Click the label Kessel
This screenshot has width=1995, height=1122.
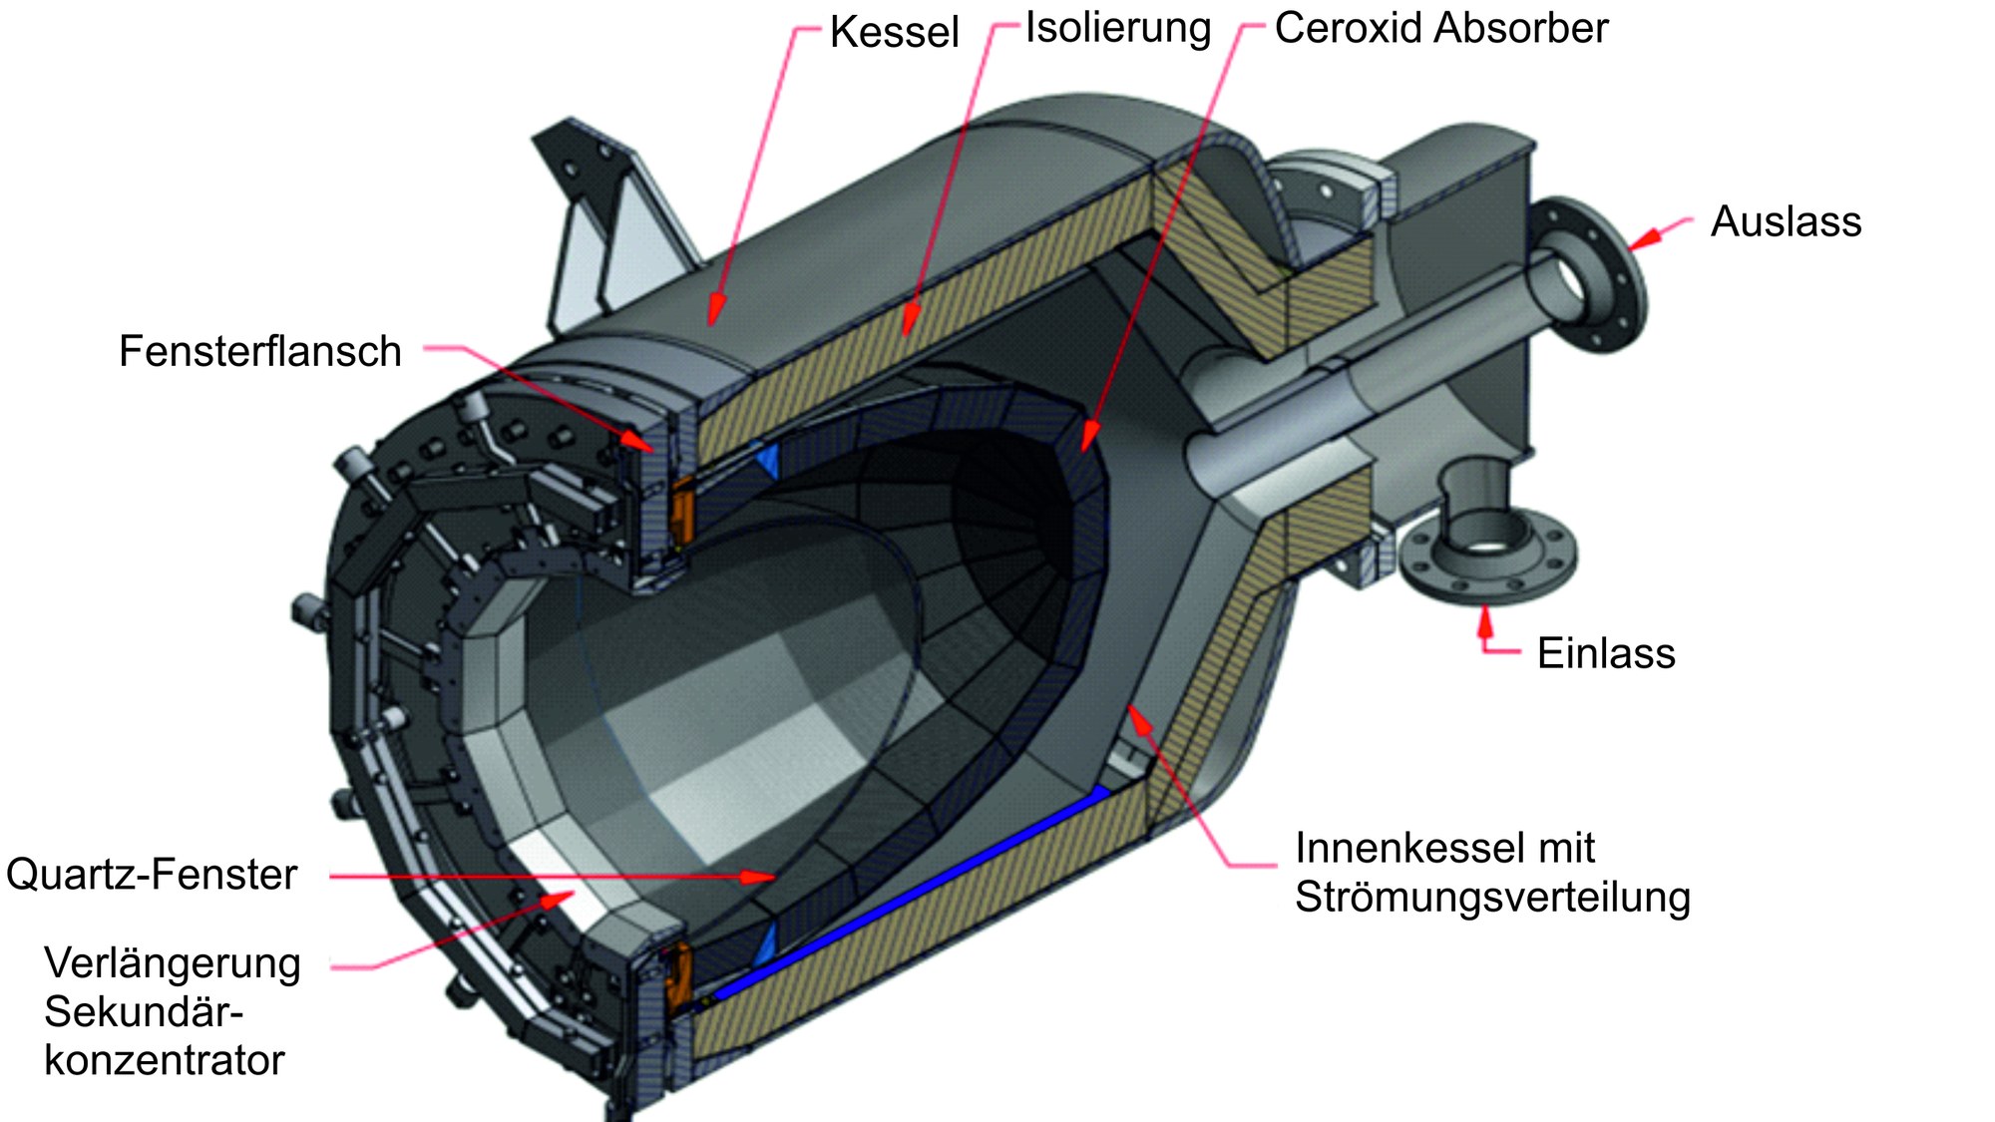tap(894, 32)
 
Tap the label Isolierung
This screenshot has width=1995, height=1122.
tap(1117, 29)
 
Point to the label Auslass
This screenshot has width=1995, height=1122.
tap(1786, 221)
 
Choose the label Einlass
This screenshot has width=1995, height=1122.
tap(1606, 653)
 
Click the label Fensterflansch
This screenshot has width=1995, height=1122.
tap(260, 351)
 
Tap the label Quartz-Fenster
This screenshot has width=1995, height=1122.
tap(152, 874)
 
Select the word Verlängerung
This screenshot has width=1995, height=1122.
tap(173, 963)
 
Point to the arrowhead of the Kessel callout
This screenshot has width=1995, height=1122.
tap(713, 313)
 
